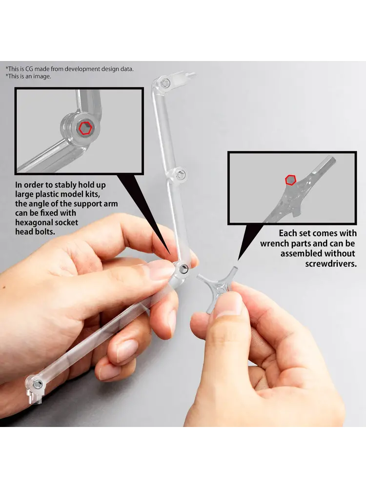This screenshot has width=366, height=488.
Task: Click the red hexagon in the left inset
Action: [x=85, y=128]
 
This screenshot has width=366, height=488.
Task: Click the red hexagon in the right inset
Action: [x=291, y=180]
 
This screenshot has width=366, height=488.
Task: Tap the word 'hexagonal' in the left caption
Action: [x=34, y=223]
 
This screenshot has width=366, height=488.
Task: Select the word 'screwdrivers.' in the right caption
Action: [x=331, y=264]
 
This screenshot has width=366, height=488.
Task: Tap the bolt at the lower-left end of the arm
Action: [x=38, y=384]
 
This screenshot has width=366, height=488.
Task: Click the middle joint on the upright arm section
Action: [x=178, y=174]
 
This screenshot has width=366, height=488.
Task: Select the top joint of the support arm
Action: [x=165, y=83]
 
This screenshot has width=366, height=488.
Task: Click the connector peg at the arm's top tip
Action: [x=190, y=75]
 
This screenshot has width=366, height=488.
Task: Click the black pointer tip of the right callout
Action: [x=238, y=260]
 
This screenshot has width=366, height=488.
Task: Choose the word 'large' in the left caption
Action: [x=25, y=195]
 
